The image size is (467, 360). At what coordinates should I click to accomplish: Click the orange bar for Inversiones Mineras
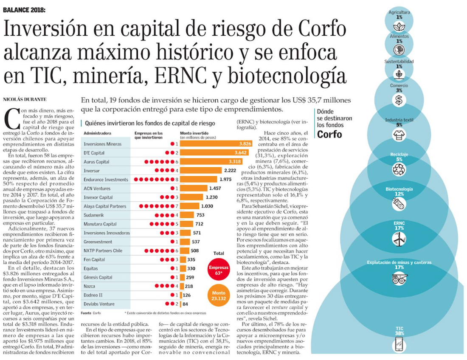click(x=216, y=144)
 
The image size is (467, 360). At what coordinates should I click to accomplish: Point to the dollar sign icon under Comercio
click(x=399, y=100)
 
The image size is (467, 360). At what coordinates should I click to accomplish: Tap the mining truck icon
click(x=399, y=278)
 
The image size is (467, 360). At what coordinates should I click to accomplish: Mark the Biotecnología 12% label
click(x=399, y=191)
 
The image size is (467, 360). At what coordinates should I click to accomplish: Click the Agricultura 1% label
click(x=399, y=15)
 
